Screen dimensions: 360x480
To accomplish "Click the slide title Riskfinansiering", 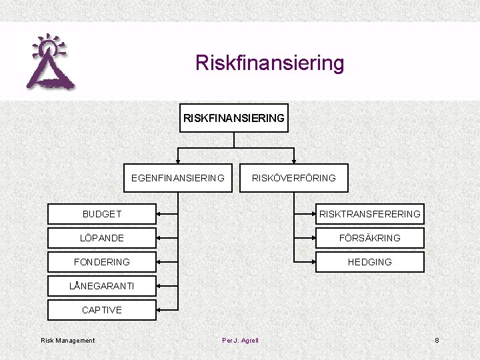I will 269,63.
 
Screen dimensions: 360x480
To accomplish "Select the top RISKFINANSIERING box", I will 234,118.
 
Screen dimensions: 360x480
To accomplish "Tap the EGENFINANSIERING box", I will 178,178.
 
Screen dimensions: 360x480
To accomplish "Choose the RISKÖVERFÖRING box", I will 293,178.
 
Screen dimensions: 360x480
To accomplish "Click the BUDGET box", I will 102,214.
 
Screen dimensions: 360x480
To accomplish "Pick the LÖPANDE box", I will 102,238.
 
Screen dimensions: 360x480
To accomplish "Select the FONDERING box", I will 102,262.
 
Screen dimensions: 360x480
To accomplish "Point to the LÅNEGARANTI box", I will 102,286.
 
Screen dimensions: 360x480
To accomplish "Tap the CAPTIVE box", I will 102,310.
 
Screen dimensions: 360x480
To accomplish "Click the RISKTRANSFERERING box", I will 369,214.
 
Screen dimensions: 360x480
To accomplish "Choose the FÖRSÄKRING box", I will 369,238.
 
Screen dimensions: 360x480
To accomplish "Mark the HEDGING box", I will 369,262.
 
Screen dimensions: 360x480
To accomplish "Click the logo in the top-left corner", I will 50,62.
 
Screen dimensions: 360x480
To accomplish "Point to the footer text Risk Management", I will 68,341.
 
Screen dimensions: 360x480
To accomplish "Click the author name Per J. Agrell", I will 240,341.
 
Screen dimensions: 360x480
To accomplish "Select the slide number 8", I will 437,341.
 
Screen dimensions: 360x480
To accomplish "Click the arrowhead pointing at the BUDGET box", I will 160,214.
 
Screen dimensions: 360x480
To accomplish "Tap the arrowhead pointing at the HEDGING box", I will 311,262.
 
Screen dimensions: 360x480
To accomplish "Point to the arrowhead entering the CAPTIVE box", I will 160,310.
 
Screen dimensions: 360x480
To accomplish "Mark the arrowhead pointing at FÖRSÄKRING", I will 311,238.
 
